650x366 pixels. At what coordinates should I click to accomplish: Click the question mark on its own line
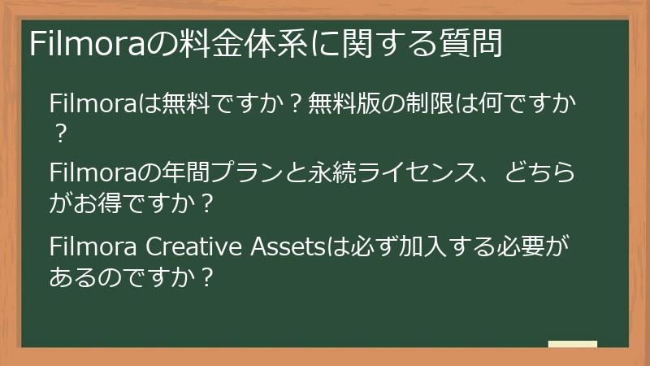(58, 131)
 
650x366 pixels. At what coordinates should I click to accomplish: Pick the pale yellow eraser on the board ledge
(573, 345)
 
